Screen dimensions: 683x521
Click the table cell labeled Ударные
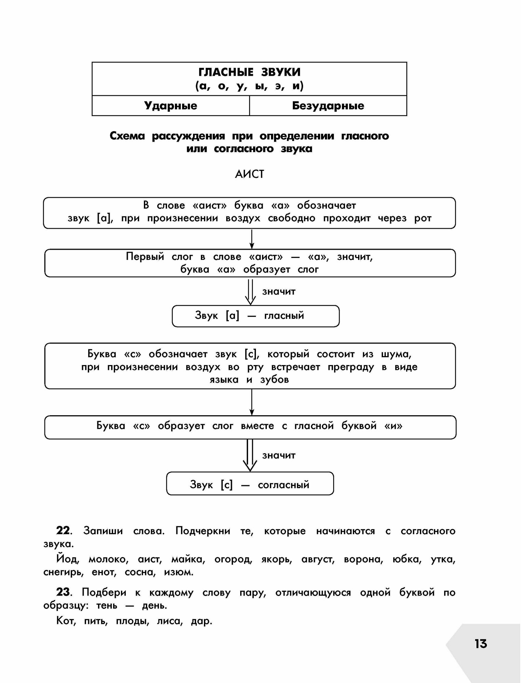[x=170, y=106]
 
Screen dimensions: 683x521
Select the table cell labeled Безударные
[x=328, y=106]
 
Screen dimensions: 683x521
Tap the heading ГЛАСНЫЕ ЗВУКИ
[x=249, y=72]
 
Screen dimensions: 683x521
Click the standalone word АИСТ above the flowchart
[x=249, y=174]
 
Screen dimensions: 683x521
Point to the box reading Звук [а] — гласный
[x=256, y=316]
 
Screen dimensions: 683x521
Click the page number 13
[x=480, y=644]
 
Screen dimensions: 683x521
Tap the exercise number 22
[x=63, y=531]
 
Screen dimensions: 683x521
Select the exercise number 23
[x=63, y=592]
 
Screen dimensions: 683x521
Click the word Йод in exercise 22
[x=68, y=559]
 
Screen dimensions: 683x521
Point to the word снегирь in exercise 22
[x=64, y=572]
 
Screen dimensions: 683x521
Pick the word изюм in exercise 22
[x=178, y=572]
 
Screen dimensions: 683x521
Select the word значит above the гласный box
[x=279, y=291]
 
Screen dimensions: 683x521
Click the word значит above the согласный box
[x=279, y=455]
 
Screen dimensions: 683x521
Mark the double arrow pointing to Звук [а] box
[x=250, y=292]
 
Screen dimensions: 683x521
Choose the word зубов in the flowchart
[x=274, y=379]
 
